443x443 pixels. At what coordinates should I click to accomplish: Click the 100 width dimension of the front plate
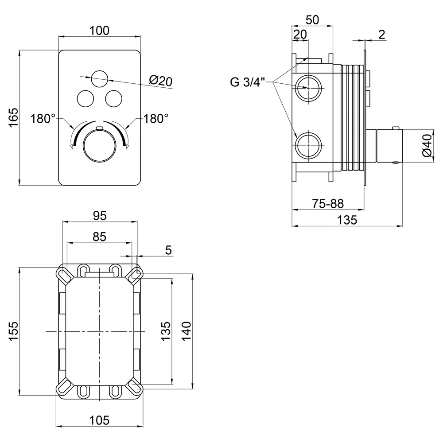point(99,31)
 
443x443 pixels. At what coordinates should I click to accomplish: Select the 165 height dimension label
point(13,117)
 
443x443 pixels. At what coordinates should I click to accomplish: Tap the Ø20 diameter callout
point(160,81)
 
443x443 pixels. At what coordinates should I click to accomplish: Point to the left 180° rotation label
point(43,119)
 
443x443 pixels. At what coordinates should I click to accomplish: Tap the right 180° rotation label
point(156,119)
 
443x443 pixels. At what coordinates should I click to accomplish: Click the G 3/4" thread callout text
point(248,82)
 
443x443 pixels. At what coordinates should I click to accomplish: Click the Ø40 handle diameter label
point(427,145)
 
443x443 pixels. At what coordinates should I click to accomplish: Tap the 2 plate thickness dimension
point(381,35)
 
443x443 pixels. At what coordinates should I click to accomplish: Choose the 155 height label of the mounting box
point(13,331)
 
